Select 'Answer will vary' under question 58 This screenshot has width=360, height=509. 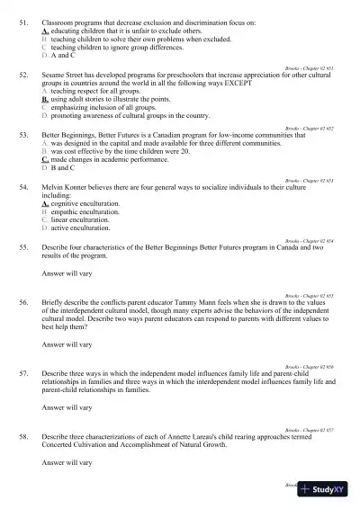67,462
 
